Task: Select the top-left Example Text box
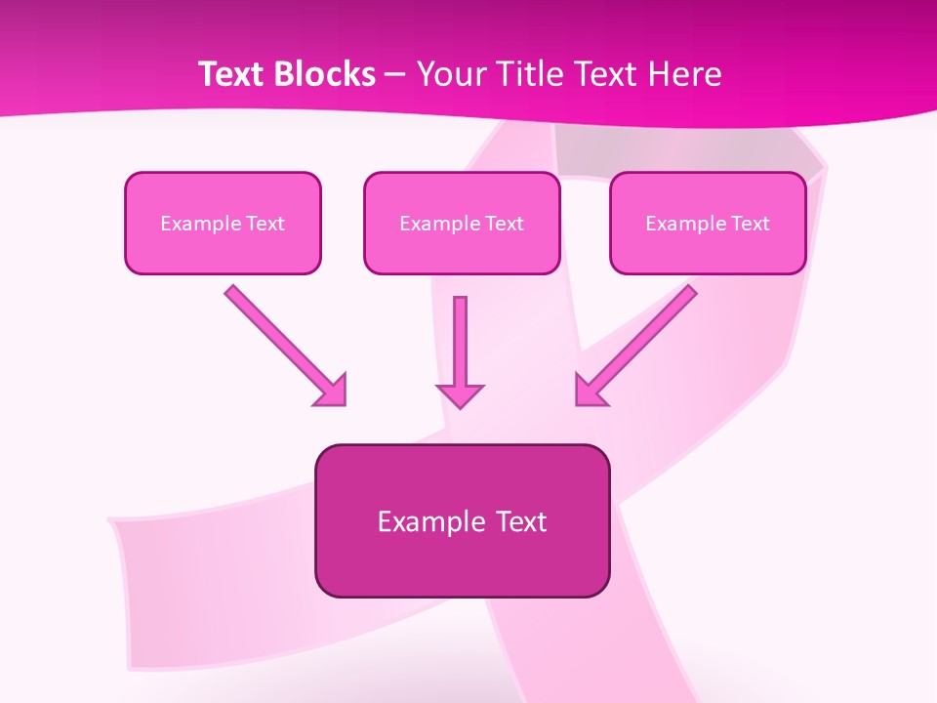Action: click(x=223, y=223)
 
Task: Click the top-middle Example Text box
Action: click(x=462, y=223)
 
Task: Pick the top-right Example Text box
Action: click(x=708, y=223)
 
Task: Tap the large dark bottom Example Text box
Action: click(x=462, y=520)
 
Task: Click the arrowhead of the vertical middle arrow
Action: click(x=460, y=394)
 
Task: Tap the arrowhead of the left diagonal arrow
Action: click(x=333, y=392)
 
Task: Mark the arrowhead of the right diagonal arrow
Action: click(x=589, y=391)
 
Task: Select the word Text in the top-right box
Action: click(x=750, y=224)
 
